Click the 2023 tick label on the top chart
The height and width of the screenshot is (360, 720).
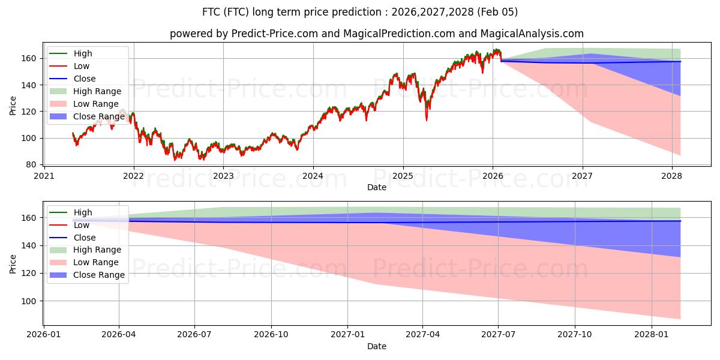tap(223, 176)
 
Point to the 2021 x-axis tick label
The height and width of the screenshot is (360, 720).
tap(44, 176)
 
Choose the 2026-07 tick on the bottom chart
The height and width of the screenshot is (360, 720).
tap(195, 335)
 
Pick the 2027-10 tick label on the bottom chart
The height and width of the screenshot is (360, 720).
tap(575, 335)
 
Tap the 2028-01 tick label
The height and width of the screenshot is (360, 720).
tap(651, 335)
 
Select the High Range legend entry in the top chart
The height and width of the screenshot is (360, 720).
tap(97, 91)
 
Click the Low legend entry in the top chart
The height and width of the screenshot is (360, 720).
tap(82, 66)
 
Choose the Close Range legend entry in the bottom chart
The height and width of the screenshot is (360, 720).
tap(99, 275)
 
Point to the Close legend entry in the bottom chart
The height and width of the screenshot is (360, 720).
tap(85, 238)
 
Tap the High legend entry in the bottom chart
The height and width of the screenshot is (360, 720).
tap(83, 212)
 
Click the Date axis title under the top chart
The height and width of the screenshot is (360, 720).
tap(376, 187)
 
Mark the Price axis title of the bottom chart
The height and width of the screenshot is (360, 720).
tap(13, 263)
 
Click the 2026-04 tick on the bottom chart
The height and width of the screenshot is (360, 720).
tap(119, 335)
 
